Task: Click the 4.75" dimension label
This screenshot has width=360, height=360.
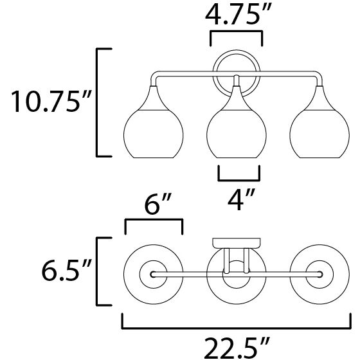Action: [239, 15]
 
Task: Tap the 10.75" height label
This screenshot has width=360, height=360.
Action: [51, 101]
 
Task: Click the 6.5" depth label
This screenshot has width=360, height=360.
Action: [66, 270]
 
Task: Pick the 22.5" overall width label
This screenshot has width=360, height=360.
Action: [237, 348]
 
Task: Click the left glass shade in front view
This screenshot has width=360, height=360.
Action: [154, 122]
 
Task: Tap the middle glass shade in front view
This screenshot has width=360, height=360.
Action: [237, 122]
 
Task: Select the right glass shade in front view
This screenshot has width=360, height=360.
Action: [319, 122]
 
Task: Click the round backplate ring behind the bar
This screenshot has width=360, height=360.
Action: [237, 51]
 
